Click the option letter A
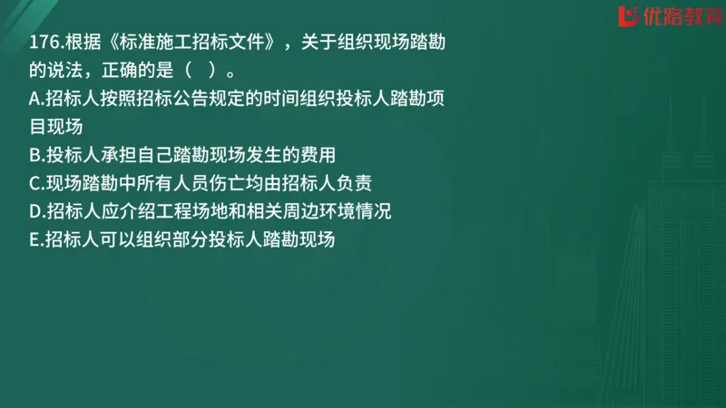tap(34, 100)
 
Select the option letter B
tap(34, 155)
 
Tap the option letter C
tap(34, 183)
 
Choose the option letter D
tap(34, 211)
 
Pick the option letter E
tap(34, 239)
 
